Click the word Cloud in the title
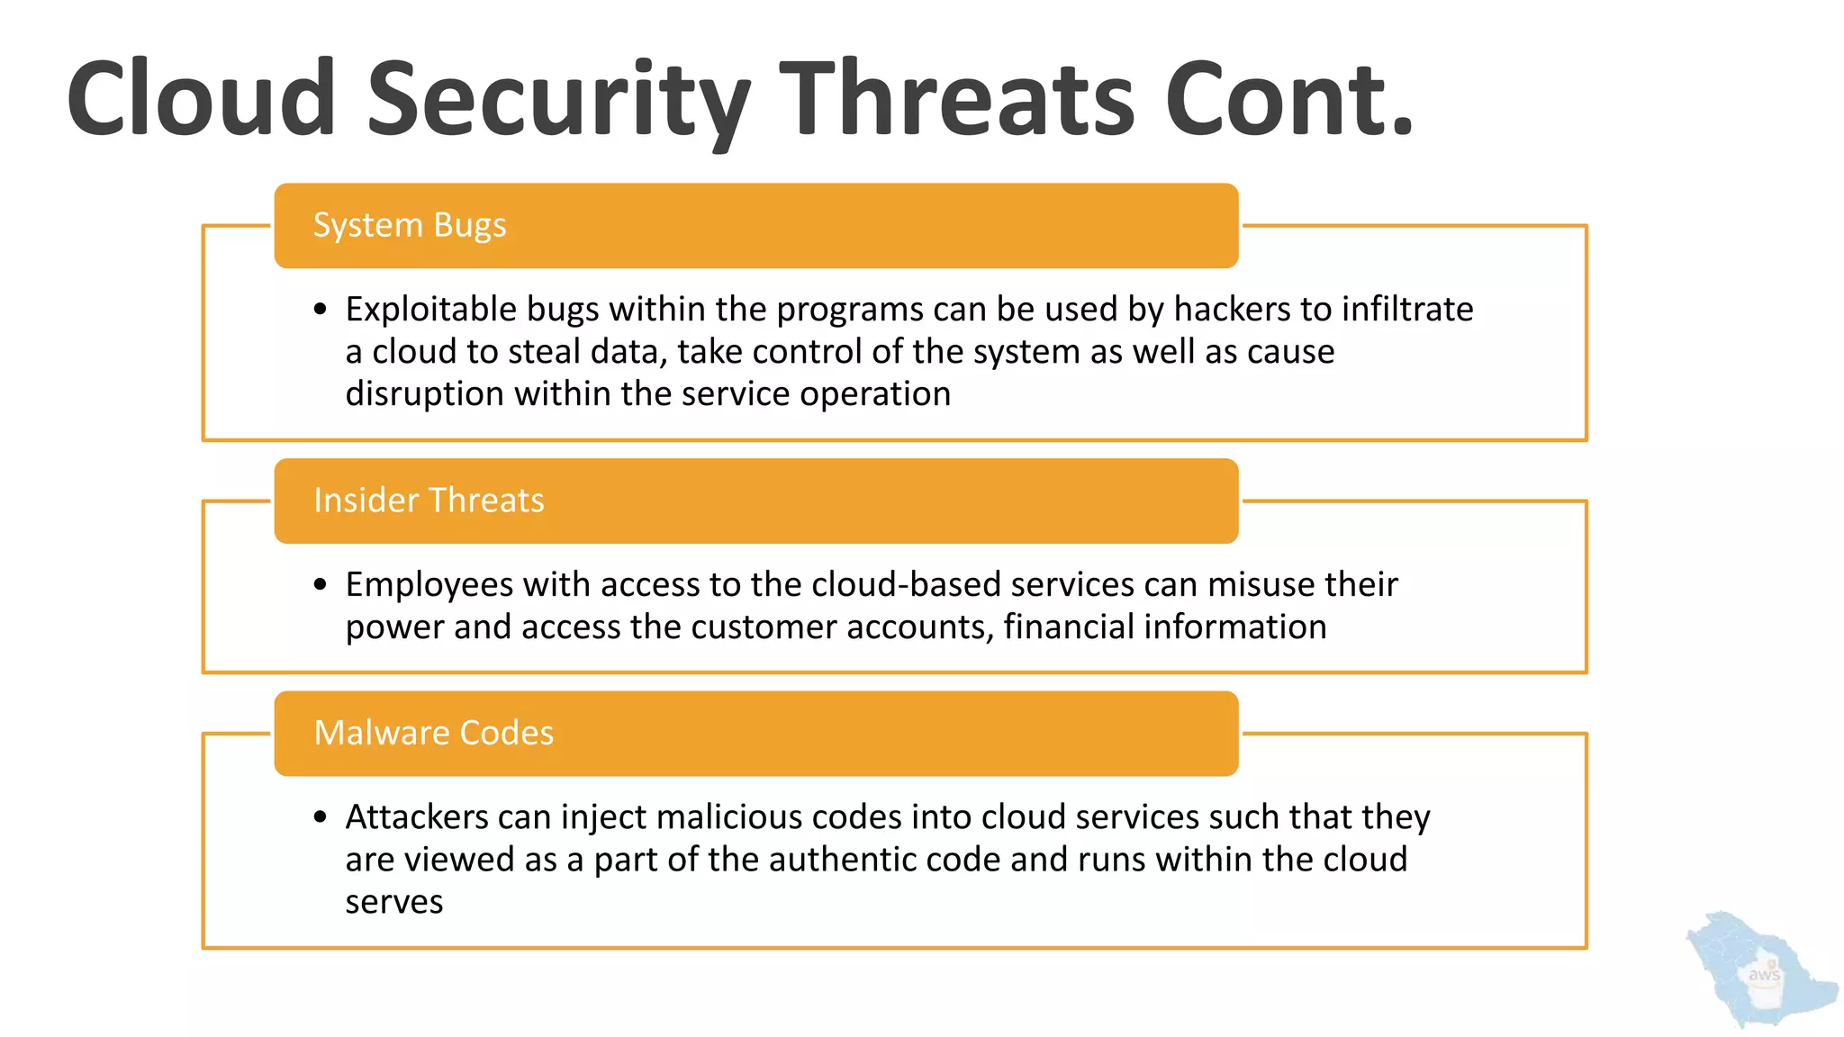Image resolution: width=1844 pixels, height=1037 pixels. point(200,99)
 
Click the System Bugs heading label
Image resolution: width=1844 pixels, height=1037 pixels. point(409,225)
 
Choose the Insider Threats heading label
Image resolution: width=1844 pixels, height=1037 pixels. point(429,500)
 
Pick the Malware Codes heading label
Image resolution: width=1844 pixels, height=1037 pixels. point(433,733)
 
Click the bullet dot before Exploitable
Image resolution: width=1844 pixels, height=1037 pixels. point(321,311)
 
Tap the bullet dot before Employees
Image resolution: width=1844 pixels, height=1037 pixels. point(321,585)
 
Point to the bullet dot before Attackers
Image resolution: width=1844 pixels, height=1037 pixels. point(321,818)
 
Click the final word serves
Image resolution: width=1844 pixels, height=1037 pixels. point(393,902)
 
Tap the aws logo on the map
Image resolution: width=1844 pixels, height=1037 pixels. point(1763,975)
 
